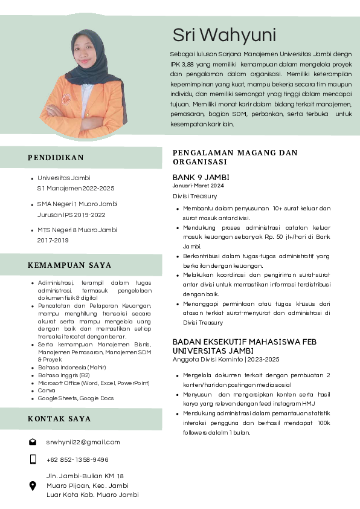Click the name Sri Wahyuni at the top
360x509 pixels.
[224, 34]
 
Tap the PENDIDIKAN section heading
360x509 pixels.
[56, 158]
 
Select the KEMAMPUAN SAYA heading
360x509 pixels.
[69, 265]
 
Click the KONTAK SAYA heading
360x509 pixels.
[59, 418]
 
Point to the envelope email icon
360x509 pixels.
[33, 442]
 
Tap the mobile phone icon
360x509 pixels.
[33, 459]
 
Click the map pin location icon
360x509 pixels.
[33, 485]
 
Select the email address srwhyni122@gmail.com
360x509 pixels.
[83, 442]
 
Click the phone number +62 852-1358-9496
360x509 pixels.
[77, 459]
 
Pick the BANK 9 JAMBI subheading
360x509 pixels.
[201, 178]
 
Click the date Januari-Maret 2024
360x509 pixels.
[198, 186]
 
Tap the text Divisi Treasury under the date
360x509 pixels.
[194, 196]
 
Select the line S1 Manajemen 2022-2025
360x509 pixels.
[76, 189]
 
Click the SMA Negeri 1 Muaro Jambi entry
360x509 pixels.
[77, 204]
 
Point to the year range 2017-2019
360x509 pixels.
[53, 240]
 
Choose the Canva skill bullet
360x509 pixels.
[47, 391]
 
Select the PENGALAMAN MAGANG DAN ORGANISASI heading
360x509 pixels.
[235, 157]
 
